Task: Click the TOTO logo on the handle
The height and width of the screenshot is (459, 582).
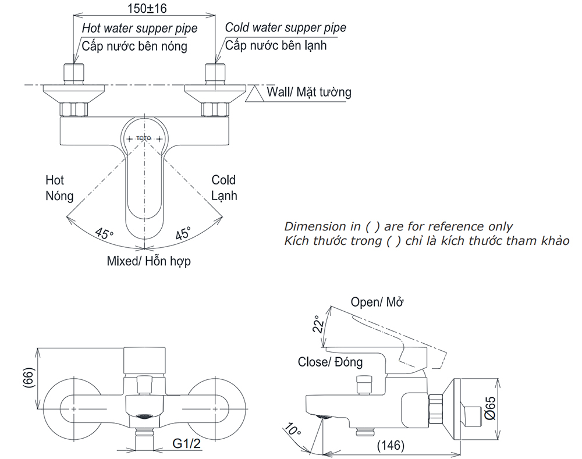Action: pos(143,138)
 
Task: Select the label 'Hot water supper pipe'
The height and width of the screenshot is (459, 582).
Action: pos(139,28)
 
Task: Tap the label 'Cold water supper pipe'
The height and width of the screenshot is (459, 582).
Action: pos(285,27)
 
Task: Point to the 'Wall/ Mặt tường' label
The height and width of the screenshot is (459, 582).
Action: pos(308,92)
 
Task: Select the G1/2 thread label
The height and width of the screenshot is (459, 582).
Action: pos(187,444)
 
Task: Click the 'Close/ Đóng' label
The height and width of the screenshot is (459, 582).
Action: pos(330,362)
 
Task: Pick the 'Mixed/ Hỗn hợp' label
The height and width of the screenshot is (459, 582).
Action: pos(148,261)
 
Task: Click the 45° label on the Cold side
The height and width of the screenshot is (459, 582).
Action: pos(183,234)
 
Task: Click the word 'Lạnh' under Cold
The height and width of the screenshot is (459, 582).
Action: pos(224,196)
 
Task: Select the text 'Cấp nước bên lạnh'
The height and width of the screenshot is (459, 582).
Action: pos(276,45)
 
